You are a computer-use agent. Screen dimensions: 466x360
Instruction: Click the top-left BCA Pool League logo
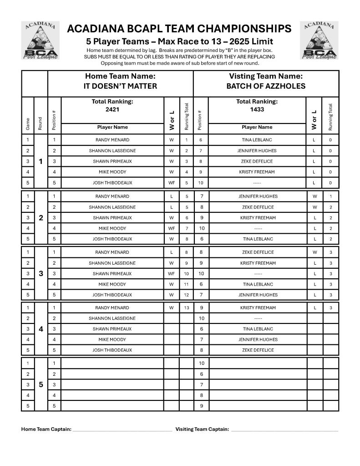pos(41,41)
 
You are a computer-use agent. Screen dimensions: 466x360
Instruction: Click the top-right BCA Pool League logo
pos(319,41)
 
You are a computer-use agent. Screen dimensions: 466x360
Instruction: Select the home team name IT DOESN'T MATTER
pos(121,86)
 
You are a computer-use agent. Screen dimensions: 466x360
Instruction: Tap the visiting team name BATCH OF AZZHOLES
pos(266,86)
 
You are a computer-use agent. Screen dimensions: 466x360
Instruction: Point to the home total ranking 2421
pos(112,109)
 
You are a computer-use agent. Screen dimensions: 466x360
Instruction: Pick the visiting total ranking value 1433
pos(257,109)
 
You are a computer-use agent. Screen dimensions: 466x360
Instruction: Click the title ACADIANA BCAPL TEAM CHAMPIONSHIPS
pos(179,29)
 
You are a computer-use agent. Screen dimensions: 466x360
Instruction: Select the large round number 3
pos(41,274)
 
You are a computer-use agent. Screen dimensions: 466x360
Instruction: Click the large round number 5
pos(41,384)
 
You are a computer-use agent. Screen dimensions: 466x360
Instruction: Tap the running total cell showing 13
pos(187,307)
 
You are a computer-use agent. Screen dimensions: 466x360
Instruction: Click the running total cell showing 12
pos(187,295)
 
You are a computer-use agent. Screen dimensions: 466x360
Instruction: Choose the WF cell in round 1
pos(172,183)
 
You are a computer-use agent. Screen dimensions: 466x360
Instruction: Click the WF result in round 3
pos(172,274)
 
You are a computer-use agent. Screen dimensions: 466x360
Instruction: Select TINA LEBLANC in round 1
pos(257,140)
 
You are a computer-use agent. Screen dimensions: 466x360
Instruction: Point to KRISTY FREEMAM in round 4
pos(257,307)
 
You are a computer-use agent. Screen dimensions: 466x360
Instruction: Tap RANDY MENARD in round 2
pos(112,196)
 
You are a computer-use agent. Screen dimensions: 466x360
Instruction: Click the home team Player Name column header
pos(112,128)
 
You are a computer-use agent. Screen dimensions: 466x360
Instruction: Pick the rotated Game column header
pos(28,123)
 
